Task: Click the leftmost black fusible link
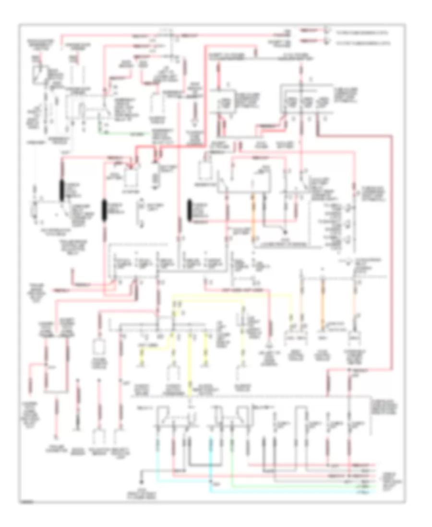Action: point(62,191)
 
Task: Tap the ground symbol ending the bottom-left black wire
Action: point(142,480)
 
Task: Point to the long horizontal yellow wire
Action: point(230,296)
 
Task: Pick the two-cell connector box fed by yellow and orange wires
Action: point(296,338)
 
